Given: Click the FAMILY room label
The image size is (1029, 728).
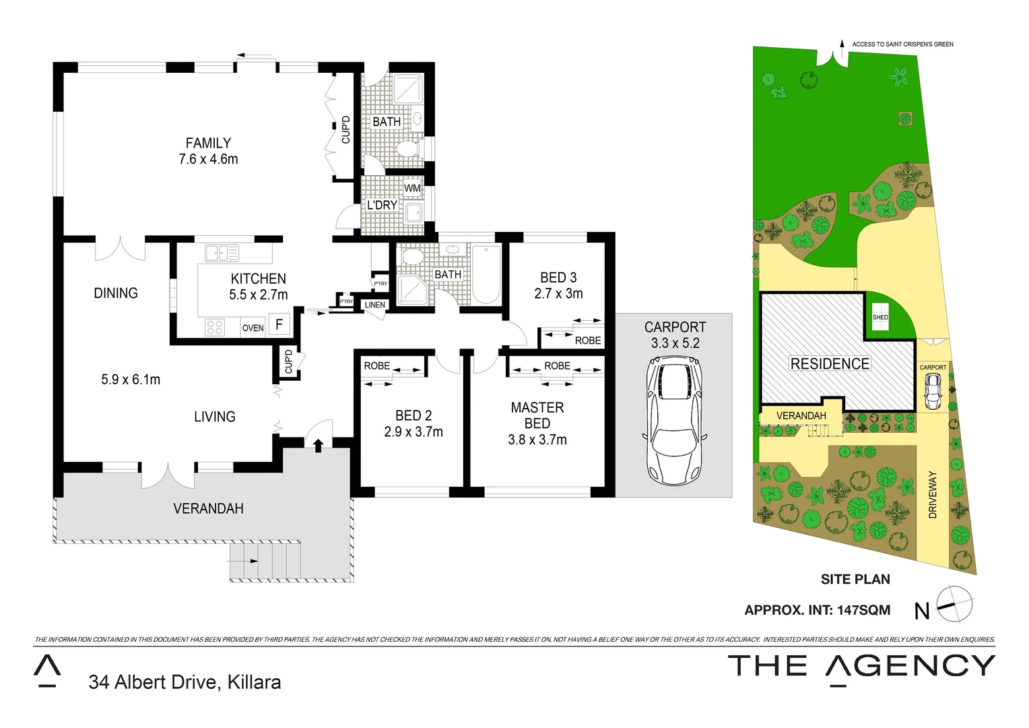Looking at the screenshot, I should click(x=208, y=143).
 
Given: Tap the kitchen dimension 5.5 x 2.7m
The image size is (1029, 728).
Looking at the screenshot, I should click(x=258, y=295).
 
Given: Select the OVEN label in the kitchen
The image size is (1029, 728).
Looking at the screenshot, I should click(x=253, y=328).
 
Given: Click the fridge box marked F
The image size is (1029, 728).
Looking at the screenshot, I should click(x=279, y=324).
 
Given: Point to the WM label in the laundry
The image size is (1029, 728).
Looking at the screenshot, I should click(x=412, y=188).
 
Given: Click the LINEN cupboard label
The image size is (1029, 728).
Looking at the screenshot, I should click(x=374, y=305).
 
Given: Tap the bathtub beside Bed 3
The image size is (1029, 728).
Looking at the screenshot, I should click(x=486, y=275).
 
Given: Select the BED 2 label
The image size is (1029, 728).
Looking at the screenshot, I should click(x=413, y=415).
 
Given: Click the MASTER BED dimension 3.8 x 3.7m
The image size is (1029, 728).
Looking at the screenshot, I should click(x=537, y=439).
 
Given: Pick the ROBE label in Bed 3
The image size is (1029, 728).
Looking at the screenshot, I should click(x=587, y=340).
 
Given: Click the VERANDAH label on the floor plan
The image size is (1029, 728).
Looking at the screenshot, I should click(x=208, y=508).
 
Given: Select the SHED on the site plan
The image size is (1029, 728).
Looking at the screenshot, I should click(x=879, y=317).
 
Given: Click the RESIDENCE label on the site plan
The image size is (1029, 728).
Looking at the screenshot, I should click(x=830, y=363).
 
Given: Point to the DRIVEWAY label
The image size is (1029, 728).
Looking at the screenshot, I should click(x=933, y=494).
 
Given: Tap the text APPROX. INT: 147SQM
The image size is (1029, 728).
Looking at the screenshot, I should click(x=817, y=610).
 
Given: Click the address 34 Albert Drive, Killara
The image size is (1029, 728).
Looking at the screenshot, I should click(x=185, y=682).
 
